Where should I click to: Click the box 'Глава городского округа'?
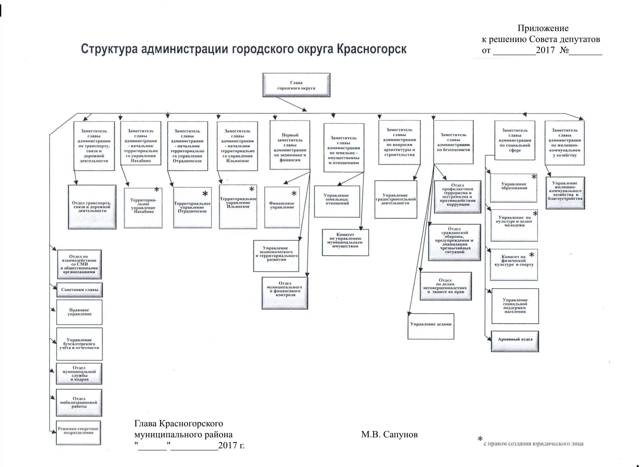pos(296,85)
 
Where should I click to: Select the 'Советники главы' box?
pos(80,290)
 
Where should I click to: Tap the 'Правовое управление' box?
pos(79,312)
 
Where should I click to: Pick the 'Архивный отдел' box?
pos(515,341)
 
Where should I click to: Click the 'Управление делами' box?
pos(431,326)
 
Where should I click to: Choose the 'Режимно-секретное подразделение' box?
pos(78,432)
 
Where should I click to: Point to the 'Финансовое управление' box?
pos(282,207)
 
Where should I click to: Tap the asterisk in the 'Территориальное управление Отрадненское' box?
pos(205,194)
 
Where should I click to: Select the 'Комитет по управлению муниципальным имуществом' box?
pos(345,242)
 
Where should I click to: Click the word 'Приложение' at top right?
pos(543,28)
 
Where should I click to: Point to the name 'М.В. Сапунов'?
pos(389,434)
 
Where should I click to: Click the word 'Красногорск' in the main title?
pos(371,49)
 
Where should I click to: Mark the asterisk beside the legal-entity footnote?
pos(480,440)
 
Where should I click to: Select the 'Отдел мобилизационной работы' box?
pos(79,402)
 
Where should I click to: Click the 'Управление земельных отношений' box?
pos(337,201)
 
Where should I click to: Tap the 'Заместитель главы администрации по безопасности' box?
pos(453,142)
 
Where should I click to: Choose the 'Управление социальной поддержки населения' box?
pos(515,306)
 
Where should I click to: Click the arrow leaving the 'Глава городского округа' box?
pos(292,104)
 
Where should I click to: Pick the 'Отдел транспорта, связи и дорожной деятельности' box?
pos(92,207)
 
